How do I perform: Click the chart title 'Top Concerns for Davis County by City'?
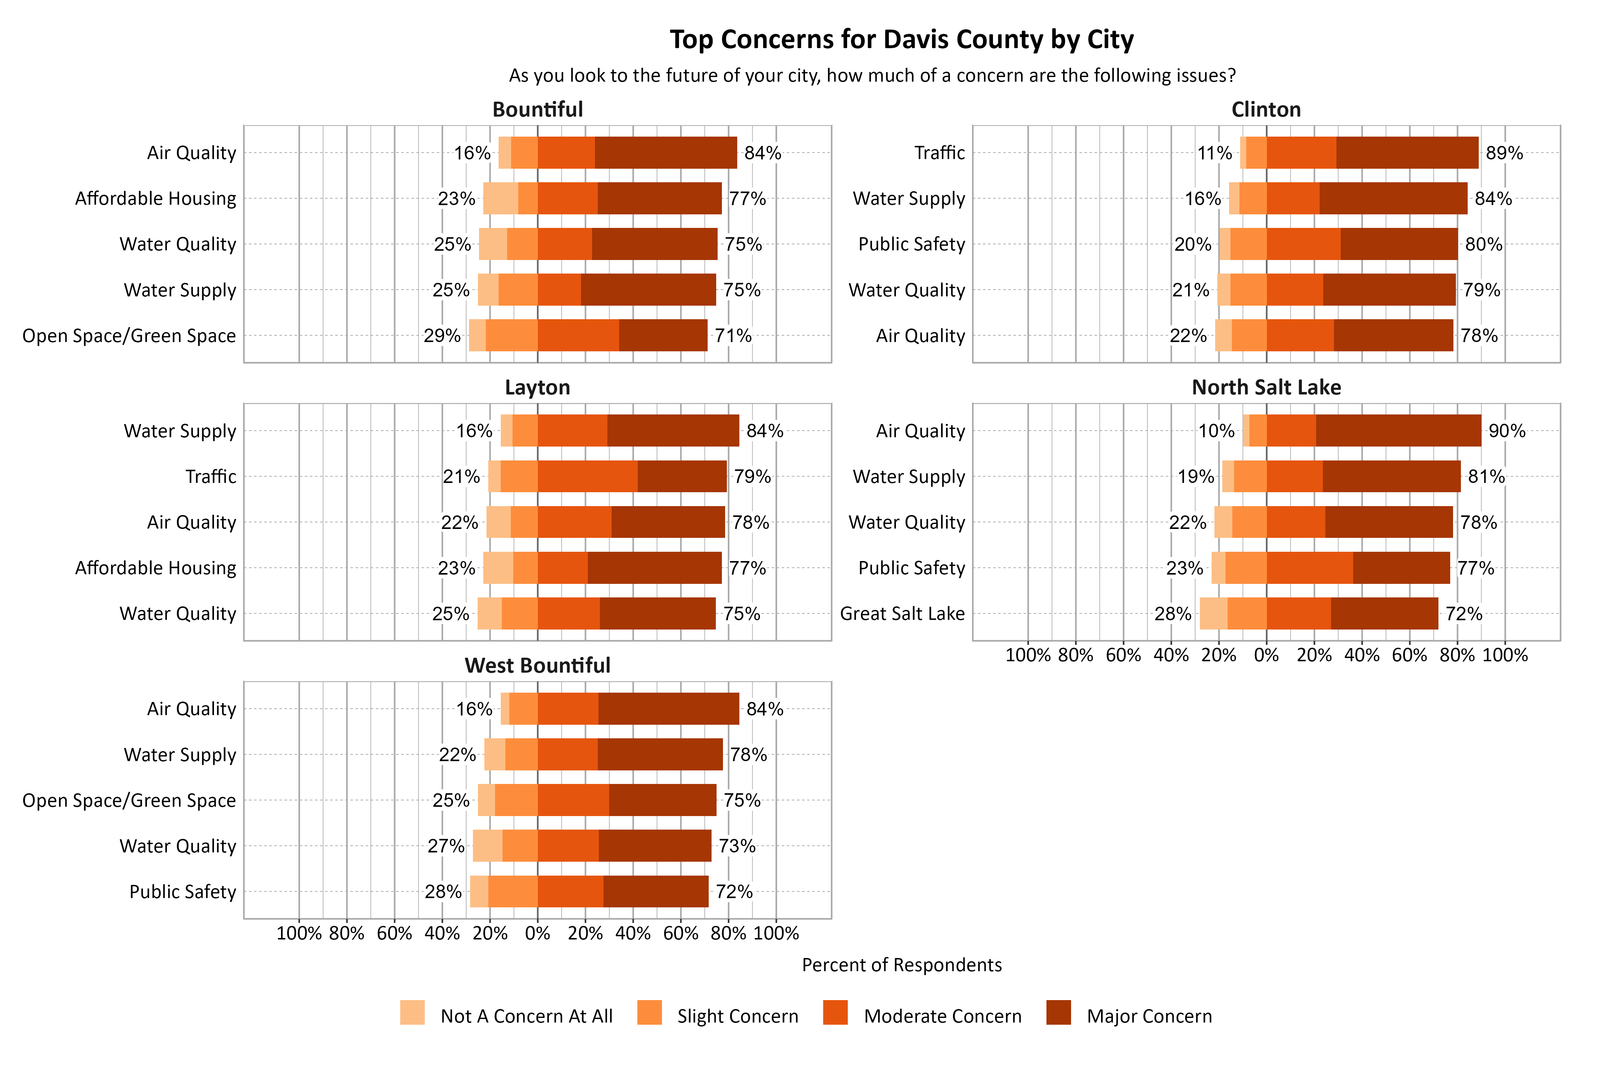901,40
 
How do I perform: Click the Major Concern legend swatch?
1058,1013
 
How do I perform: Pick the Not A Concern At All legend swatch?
412,1013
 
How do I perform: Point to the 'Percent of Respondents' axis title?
901,965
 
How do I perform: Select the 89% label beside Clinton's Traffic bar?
1504,153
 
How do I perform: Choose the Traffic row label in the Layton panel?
211,476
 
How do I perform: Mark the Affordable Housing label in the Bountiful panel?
156,199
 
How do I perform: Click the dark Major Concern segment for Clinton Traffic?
1407,153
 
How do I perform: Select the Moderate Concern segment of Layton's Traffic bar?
587,476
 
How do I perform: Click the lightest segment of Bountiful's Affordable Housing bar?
500,199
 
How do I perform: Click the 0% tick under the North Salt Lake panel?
1267,655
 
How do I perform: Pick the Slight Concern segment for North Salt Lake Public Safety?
1246,568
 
